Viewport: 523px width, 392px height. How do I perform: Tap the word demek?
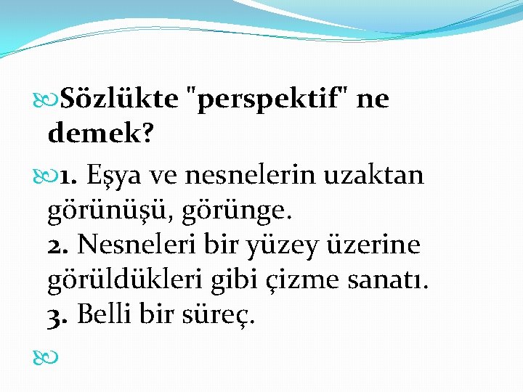point(100,133)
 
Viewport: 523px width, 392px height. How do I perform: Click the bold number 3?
point(58,315)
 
